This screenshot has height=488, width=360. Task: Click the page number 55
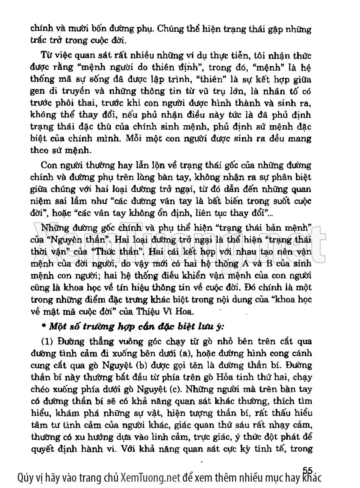[307, 469]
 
